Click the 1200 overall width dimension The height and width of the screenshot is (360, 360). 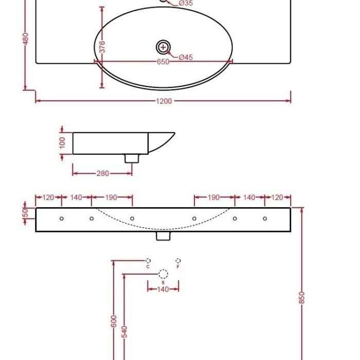tap(164, 101)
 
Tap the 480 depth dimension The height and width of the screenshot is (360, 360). tap(26, 39)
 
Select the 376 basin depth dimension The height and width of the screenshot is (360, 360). tap(102, 47)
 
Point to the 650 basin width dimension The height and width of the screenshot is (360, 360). tap(163, 62)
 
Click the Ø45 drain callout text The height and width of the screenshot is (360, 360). tap(186, 57)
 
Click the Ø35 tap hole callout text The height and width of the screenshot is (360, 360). tap(186, 4)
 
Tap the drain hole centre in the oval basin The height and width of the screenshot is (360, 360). tap(163, 47)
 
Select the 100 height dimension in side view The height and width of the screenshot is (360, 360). tap(63, 142)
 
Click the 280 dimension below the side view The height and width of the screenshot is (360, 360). tap(103, 173)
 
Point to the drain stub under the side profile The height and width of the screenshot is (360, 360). tap(132, 158)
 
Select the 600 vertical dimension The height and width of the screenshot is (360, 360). tap(114, 321)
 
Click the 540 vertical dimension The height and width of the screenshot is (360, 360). tap(124, 332)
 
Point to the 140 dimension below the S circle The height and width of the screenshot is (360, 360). tap(163, 290)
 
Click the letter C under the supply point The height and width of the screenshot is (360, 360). tap(148, 267)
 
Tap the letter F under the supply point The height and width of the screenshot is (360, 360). tap(178, 267)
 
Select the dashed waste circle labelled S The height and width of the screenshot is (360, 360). tap(163, 274)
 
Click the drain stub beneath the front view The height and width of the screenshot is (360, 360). tap(163, 236)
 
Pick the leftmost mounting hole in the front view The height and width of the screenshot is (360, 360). tap(62, 219)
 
